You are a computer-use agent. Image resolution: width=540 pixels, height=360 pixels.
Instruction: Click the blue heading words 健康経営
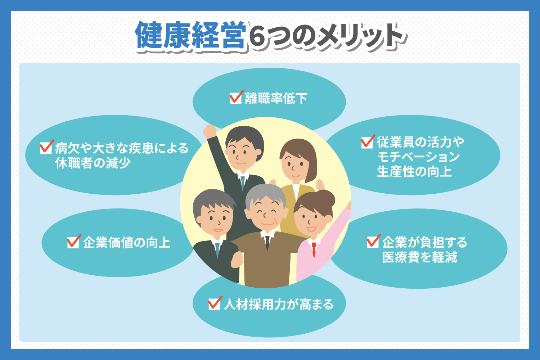[190, 35]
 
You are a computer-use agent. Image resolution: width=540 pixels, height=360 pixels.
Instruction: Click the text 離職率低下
[276, 98]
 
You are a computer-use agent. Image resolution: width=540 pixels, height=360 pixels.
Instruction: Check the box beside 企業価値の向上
[73, 242]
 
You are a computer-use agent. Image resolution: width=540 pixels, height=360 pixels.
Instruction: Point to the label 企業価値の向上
[127, 243]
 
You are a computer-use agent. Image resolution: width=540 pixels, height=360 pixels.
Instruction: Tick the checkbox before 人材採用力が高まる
[215, 303]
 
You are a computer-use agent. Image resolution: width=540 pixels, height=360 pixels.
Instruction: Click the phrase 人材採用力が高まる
[279, 304]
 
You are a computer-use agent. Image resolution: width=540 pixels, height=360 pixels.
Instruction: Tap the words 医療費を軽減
[420, 257]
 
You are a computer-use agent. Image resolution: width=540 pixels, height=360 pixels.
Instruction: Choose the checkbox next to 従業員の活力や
[368, 141]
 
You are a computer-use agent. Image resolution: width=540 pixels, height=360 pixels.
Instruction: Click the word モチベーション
[418, 157]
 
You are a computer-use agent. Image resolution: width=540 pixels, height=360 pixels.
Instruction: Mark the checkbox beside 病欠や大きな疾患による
[46, 147]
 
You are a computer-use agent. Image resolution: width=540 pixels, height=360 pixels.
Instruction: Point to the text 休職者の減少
[93, 163]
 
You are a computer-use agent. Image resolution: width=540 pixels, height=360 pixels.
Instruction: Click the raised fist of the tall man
[209, 131]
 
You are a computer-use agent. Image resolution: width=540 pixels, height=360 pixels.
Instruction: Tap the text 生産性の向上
[414, 172]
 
